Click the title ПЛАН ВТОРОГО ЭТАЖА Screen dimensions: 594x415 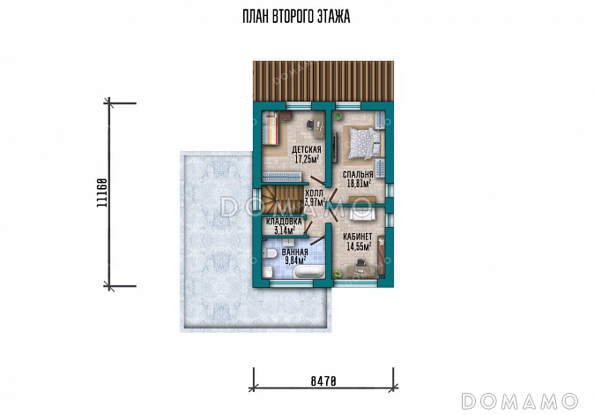296,17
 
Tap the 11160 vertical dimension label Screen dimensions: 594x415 101,192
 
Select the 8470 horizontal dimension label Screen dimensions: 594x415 323,381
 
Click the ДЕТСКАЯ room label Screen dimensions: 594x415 307,149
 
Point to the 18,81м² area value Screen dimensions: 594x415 359,184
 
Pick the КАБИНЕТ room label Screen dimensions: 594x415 358,237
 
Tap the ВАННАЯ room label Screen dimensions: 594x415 295,253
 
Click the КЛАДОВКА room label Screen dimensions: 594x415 284,222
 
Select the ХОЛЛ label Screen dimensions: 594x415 314,193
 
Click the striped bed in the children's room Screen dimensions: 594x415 271,128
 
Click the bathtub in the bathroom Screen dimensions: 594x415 309,272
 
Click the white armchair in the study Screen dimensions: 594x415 360,213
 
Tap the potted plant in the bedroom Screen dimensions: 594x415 339,116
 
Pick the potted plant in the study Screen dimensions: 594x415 337,274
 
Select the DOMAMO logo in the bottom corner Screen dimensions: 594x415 520,402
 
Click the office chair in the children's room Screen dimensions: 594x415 311,124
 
